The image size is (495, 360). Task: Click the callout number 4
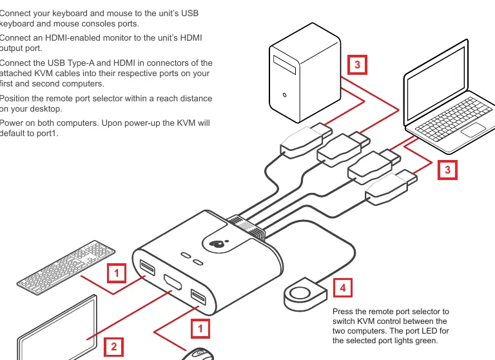tap(342, 288)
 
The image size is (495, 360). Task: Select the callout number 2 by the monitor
tap(113, 346)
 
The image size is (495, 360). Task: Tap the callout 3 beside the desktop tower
tap(357, 65)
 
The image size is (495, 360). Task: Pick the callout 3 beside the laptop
tap(447, 170)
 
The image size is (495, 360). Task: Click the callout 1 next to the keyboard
tap(117, 273)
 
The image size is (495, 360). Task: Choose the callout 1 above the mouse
tap(200, 328)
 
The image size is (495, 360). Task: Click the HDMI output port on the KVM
tap(172, 282)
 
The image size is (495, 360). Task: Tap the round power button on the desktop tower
tap(284, 95)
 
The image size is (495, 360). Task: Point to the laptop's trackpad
tap(473, 130)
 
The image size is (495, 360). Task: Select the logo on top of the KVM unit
tap(217, 244)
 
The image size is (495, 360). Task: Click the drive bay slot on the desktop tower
tap(284, 65)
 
